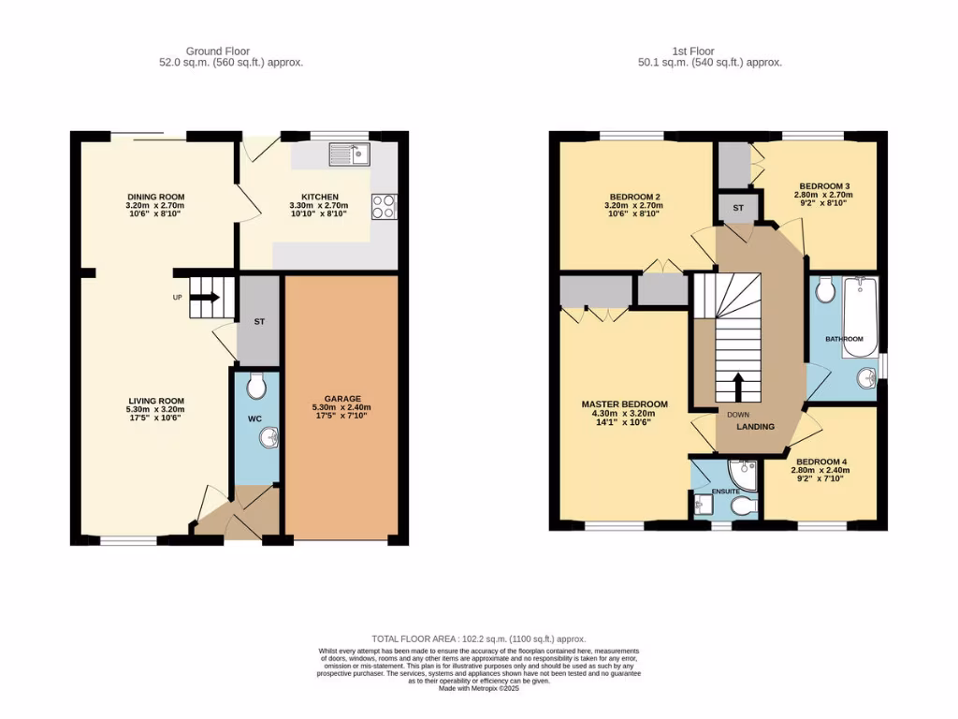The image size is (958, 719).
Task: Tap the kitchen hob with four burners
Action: pos(384,206)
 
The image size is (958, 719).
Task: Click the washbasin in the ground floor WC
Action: pos(269,437)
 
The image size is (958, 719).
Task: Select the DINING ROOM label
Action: pos(155,196)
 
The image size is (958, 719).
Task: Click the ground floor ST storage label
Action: pos(259,322)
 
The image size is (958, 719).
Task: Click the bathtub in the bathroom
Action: pos(860,316)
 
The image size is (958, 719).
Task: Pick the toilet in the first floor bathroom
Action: pos(824,292)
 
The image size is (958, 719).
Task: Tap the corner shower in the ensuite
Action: pos(744,470)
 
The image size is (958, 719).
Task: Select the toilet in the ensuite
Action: pos(745,506)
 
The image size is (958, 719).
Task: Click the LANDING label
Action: pos(755,427)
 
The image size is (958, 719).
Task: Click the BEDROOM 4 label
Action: pos(820,462)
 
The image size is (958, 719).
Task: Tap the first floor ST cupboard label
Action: pos(737,208)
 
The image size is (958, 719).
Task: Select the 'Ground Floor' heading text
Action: pos(218,51)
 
